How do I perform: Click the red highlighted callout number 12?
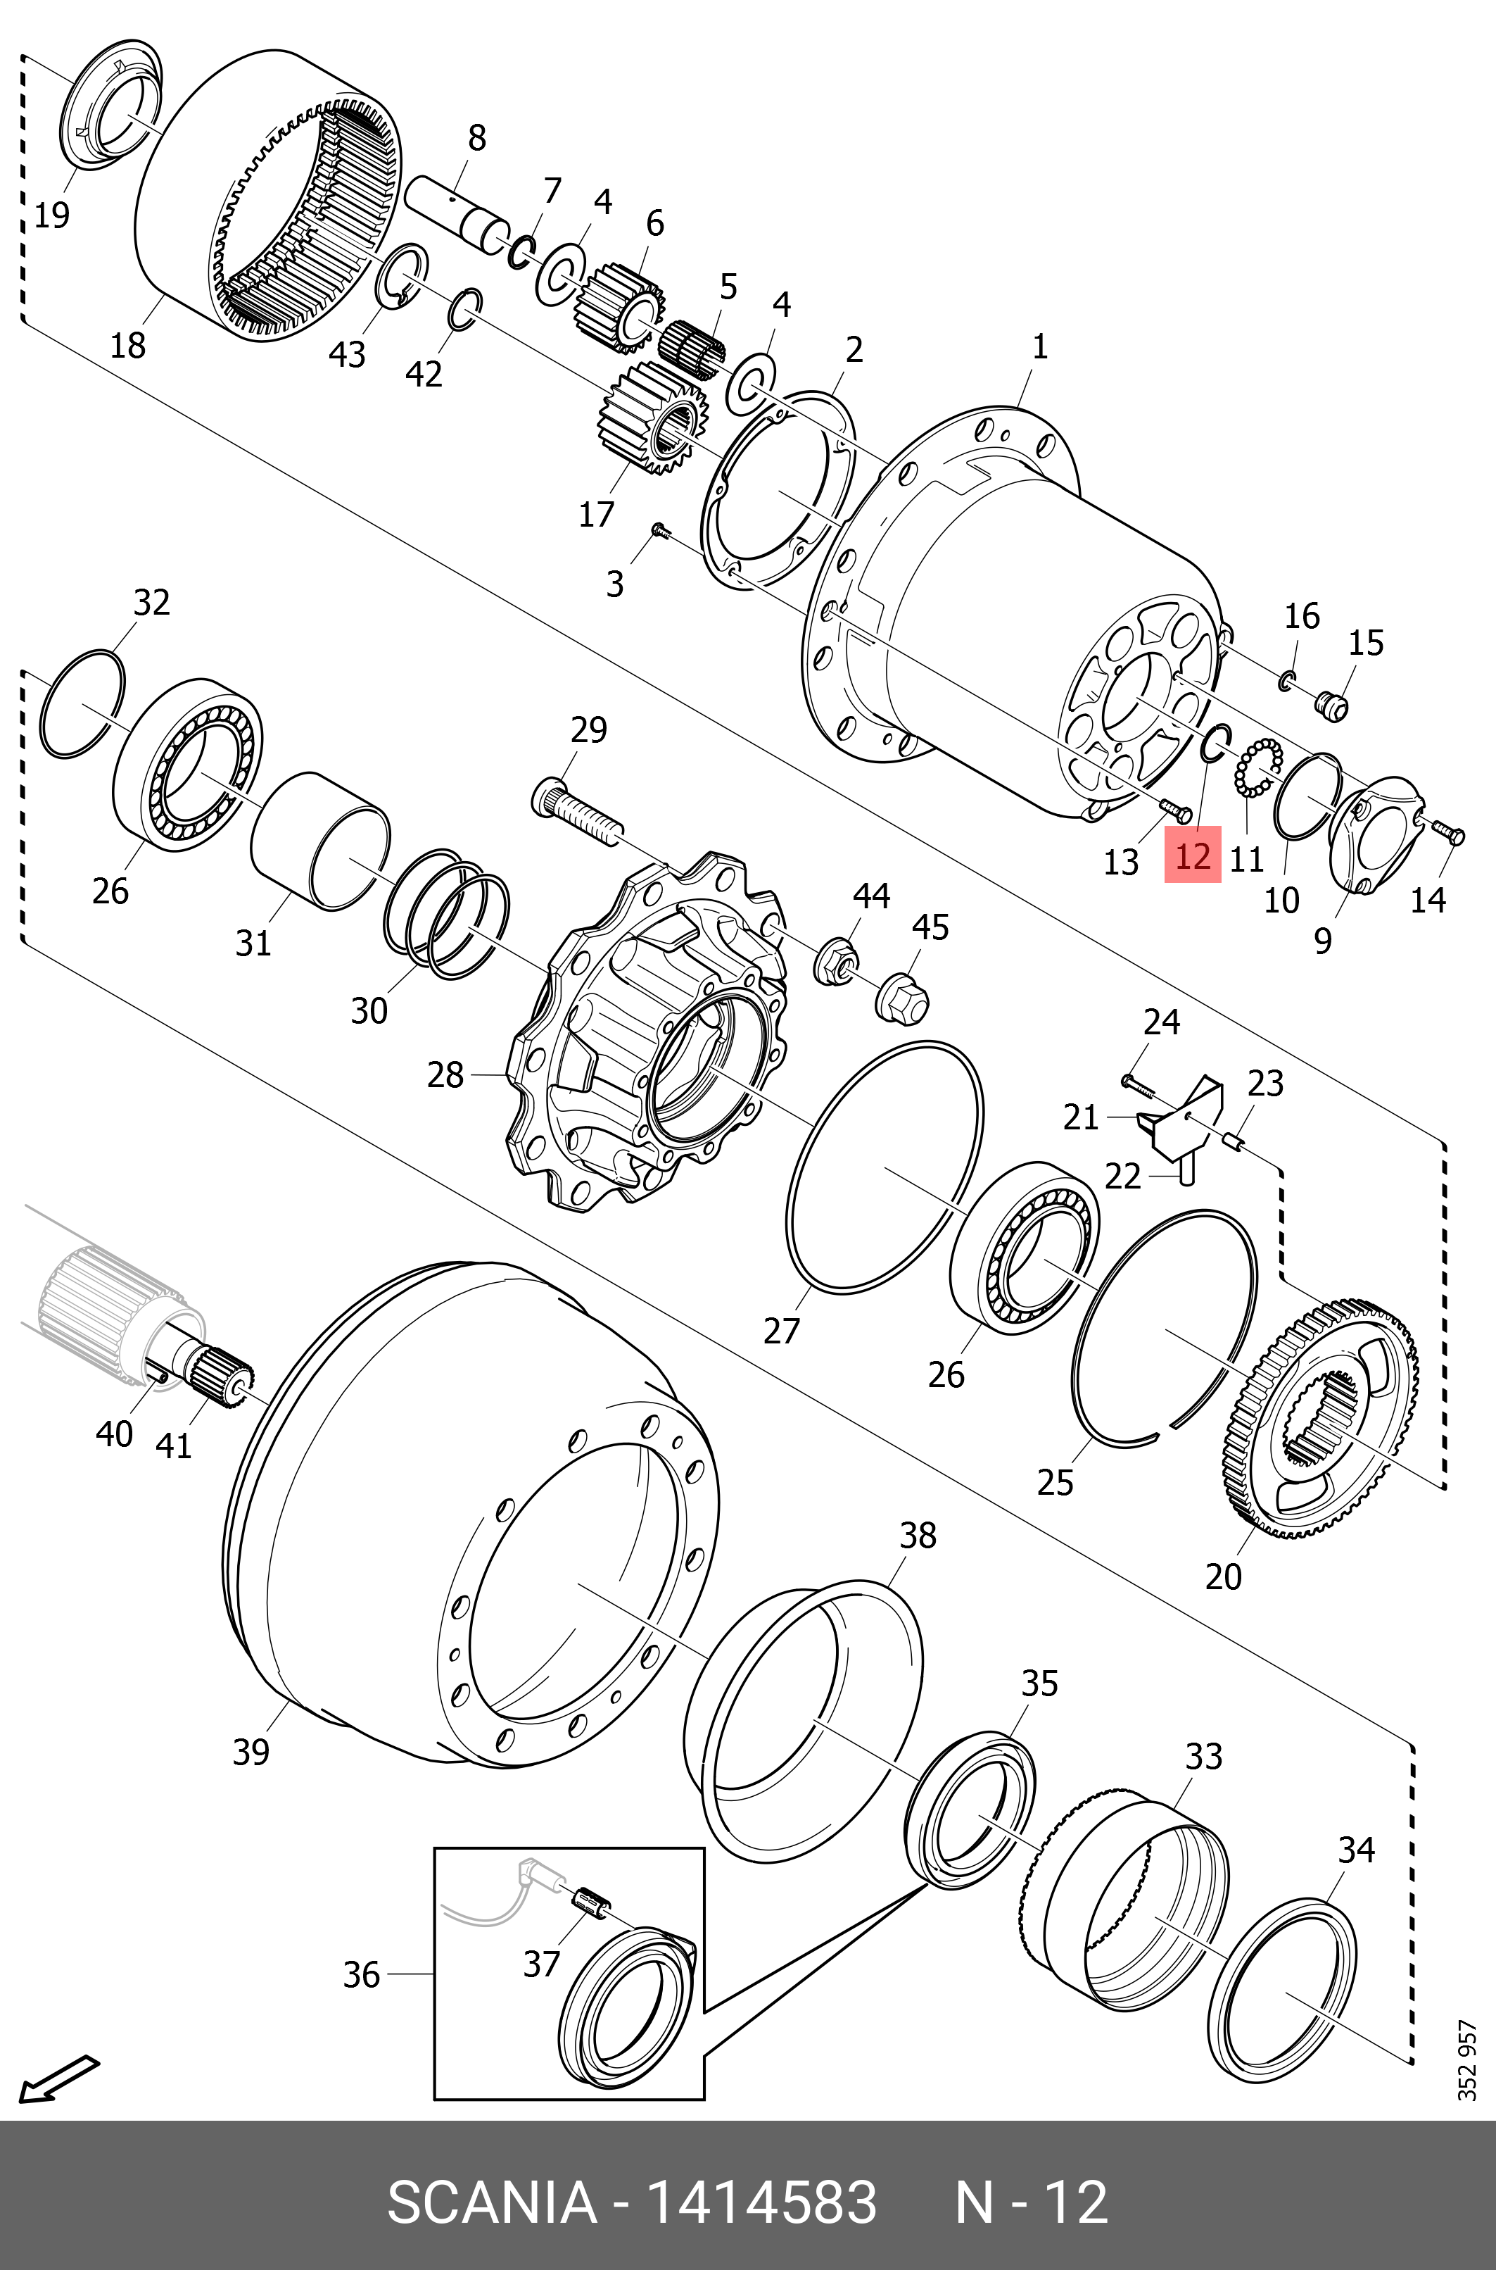pos(1193,856)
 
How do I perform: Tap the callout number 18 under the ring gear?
pos(128,344)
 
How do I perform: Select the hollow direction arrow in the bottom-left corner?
pos(57,2078)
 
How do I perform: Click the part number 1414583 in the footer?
pos(761,2203)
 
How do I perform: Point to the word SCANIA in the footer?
pos(491,2203)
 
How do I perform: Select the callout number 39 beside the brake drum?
pos(251,1752)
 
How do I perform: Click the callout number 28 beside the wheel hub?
pos(445,1075)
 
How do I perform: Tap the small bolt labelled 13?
pos(1175,811)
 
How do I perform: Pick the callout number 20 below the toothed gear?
pos(1223,1576)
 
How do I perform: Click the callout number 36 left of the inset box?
pos(362,1974)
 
